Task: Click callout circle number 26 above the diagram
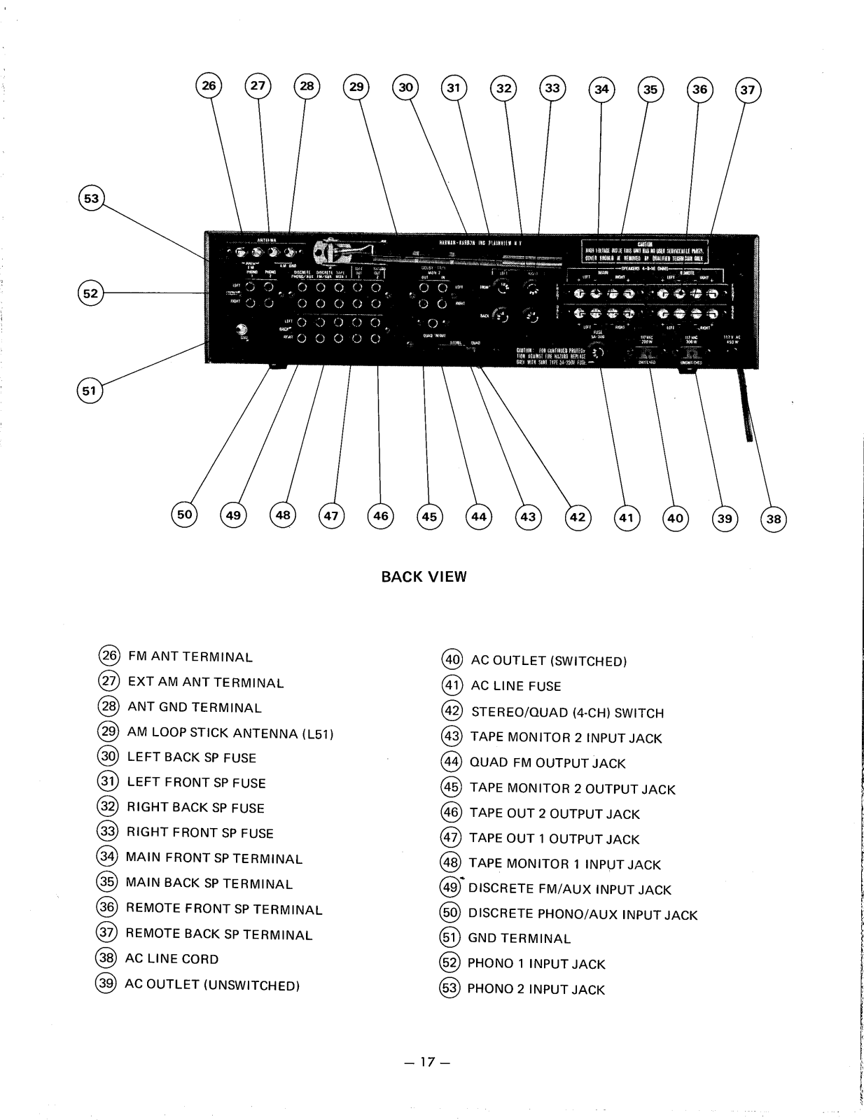(x=209, y=86)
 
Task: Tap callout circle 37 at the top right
(x=748, y=90)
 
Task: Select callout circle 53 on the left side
(x=91, y=199)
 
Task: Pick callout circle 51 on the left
(x=89, y=391)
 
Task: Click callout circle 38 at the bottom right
(x=773, y=519)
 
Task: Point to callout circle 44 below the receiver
(x=479, y=517)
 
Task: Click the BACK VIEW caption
(x=424, y=577)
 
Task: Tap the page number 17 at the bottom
(x=425, y=1062)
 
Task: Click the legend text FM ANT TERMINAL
(x=190, y=657)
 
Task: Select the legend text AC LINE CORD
(x=172, y=959)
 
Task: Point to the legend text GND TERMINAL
(x=519, y=939)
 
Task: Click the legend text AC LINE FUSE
(x=516, y=687)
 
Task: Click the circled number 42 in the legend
(x=452, y=712)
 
